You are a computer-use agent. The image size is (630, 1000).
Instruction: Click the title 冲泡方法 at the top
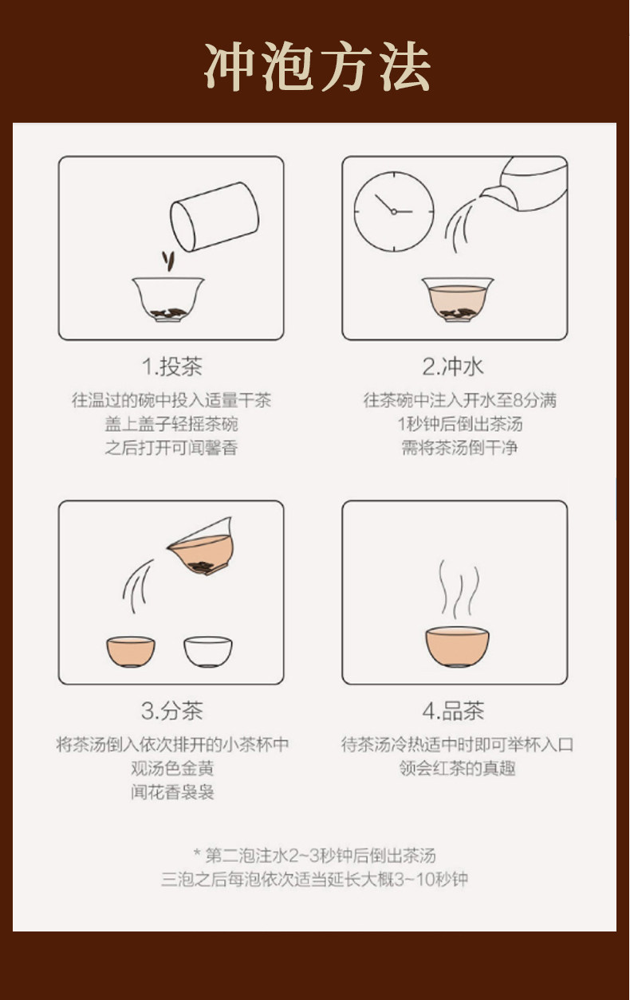[317, 66]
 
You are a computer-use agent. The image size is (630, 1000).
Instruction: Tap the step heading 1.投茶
[172, 367]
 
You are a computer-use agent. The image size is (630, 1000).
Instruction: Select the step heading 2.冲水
[453, 367]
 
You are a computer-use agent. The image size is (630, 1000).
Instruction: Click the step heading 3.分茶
[172, 711]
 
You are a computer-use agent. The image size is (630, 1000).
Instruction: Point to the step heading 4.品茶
[453, 711]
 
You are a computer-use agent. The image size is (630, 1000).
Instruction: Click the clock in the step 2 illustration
[394, 212]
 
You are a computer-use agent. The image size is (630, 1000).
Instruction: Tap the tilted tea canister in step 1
[215, 217]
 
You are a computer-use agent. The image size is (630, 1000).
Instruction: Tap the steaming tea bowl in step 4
[457, 646]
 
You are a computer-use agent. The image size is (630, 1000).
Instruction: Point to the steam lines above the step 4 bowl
[459, 588]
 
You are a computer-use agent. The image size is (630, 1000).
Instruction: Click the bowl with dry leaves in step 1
[168, 299]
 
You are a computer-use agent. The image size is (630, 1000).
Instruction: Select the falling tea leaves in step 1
[168, 261]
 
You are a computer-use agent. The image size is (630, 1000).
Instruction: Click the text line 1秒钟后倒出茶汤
[460, 424]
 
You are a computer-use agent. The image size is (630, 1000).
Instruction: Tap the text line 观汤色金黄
[172, 768]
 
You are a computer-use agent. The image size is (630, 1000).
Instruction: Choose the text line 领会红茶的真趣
[457, 768]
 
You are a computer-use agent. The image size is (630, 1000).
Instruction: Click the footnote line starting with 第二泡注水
[315, 855]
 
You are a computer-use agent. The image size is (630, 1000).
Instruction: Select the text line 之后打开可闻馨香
[171, 447]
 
